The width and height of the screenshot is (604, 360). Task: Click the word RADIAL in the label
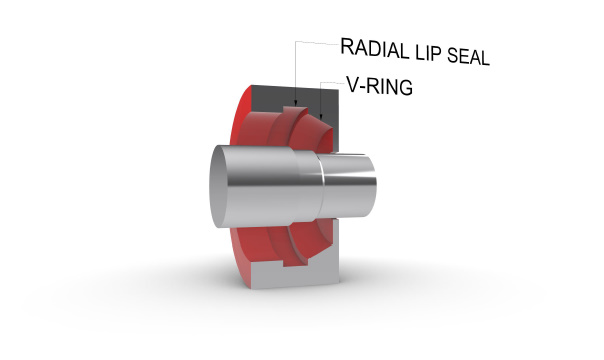coord(375,49)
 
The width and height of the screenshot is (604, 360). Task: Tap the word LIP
coord(428,54)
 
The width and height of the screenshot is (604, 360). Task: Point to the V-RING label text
coord(379,86)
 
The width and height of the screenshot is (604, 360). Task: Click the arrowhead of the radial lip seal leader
coord(295,103)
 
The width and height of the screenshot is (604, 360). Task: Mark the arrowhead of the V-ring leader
coord(321,116)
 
